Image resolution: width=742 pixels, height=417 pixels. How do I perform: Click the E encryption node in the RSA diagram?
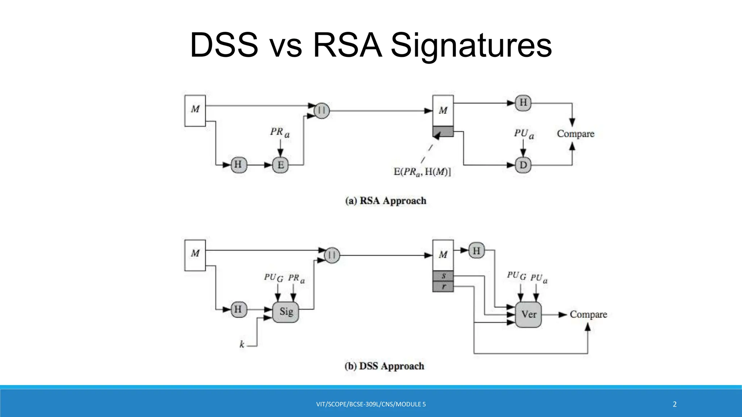(x=280, y=165)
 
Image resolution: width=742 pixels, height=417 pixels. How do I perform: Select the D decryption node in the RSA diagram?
(x=523, y=165)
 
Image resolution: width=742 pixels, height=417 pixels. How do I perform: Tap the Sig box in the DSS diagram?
(x=286, y=312)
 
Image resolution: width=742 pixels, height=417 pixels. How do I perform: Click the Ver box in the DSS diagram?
(x=528, y=314)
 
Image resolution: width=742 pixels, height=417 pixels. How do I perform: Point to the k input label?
(x=242, y=344)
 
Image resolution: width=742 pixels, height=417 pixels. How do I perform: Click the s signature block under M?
(x=443, y=276)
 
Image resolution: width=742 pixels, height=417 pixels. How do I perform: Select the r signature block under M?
(x=443, y=286)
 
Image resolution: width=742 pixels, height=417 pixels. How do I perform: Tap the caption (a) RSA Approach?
(x=385, y=201)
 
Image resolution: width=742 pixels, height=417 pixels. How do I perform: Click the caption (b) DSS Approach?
(x=384, y=366)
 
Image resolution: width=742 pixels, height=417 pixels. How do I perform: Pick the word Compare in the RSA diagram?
(x=575, y=134)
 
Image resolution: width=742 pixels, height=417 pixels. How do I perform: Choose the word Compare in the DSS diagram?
(x=588, y=314)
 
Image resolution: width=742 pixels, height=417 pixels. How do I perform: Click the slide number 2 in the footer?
(x=674, y=404)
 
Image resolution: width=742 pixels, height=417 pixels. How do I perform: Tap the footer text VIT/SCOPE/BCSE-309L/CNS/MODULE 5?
(x=371, y=404)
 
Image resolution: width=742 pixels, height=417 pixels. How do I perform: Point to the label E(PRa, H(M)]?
(x=422, y=172)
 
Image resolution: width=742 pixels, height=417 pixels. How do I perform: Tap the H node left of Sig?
(x=238, y=309)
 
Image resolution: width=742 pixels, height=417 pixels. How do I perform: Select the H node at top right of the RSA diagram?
(x=523, y=103)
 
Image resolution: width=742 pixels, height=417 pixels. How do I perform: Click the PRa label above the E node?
(x=279, y=132)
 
